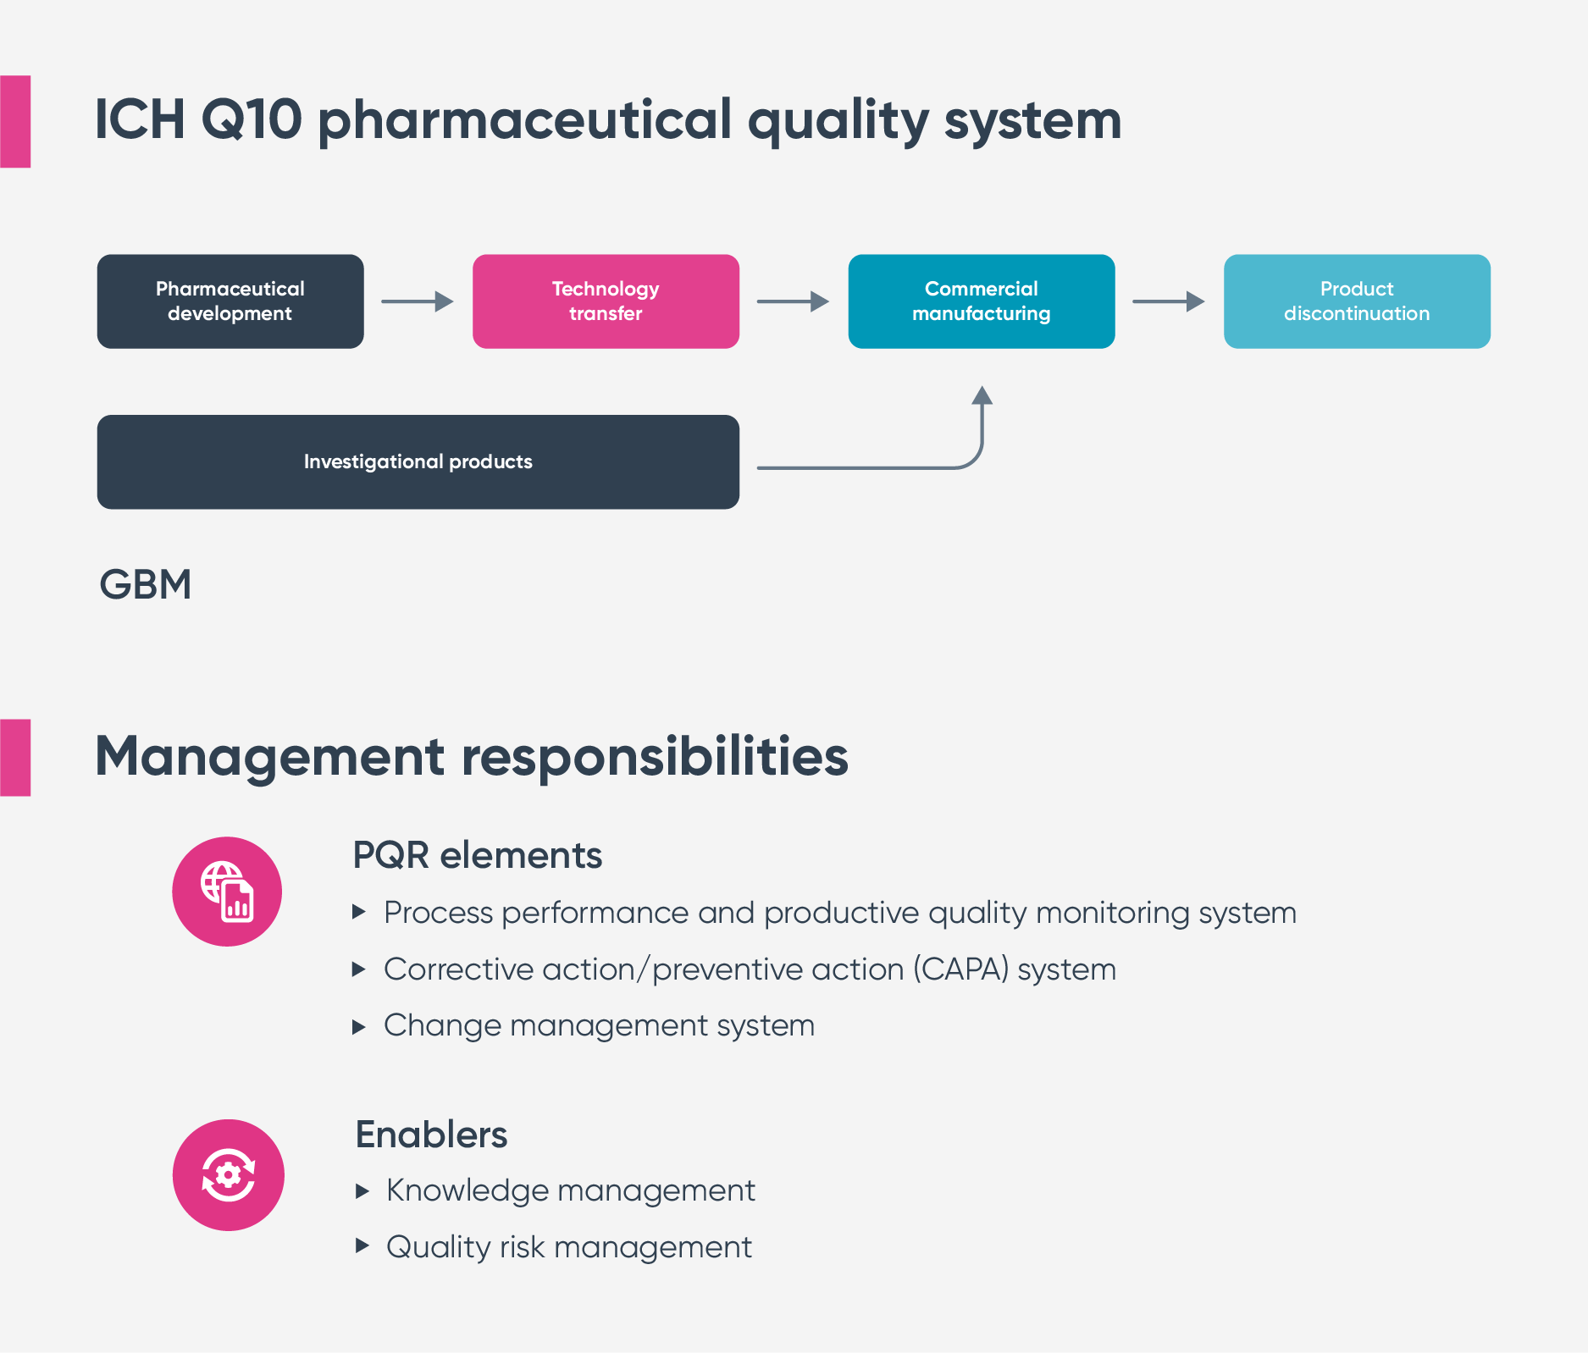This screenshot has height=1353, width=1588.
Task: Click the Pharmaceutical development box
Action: (230, 301)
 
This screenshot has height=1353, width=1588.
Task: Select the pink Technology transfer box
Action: (606, 301)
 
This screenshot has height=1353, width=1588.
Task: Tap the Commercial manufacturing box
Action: (982, 301)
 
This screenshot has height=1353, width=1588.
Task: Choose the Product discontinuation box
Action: (1357, 301)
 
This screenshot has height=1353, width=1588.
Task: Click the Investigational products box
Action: (418, 461)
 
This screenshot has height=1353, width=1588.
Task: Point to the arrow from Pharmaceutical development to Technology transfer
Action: (418, 301)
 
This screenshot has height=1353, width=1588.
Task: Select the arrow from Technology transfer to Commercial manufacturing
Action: (793, 301)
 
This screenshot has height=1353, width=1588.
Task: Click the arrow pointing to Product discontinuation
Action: (1169, 301)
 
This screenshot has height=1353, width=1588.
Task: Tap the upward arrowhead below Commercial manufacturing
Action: (982, 395)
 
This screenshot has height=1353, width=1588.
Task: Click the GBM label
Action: (146, 584)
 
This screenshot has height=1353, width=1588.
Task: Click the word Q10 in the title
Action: (252, 119)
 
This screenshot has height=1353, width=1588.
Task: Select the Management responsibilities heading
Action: (472, 756)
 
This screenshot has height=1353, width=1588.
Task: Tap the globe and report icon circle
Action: (227, 892)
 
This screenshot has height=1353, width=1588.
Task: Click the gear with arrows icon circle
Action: (229, 1175)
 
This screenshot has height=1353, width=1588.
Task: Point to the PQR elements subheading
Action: (478, 855)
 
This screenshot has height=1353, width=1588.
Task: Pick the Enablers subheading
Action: (431, 1135)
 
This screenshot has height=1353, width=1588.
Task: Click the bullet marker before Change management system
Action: (359, 1027)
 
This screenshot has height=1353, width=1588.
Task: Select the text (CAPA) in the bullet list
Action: (961, 969)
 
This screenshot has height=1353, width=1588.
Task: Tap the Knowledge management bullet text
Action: (571, 1190)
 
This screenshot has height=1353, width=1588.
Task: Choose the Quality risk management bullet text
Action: (569, 1247)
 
